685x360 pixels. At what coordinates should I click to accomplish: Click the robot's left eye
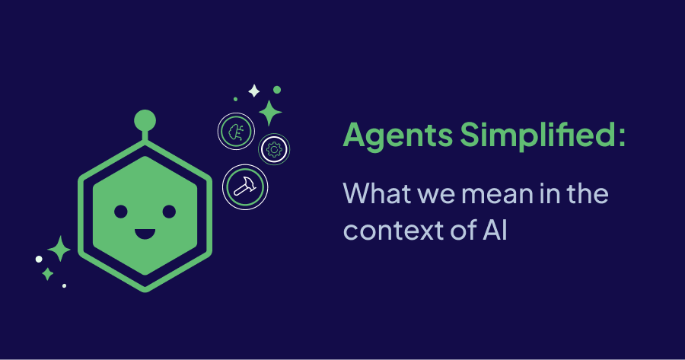pos(121,211)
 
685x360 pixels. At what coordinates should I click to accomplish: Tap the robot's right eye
pos(169,211)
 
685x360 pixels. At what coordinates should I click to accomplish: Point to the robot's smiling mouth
pos(145,230)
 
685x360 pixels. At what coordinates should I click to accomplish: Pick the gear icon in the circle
pos(274,150)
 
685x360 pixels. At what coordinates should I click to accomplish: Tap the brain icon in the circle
pos(234,131)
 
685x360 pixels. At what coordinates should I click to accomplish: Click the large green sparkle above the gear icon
pos(269,113)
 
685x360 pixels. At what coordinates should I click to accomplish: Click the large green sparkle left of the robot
pos(59,248)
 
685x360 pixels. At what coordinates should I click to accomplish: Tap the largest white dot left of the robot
pos(39,259)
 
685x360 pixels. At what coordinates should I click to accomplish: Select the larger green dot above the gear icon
pos(277,90)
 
